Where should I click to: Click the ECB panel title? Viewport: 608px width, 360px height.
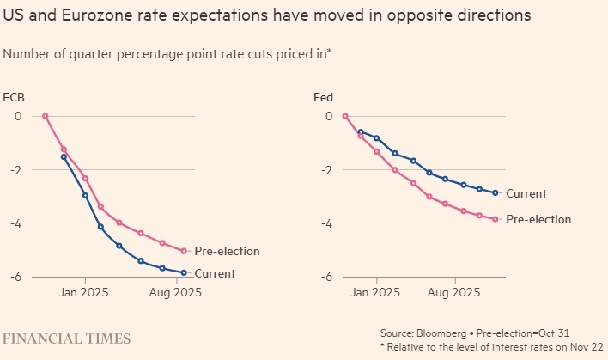(x=13, y=97)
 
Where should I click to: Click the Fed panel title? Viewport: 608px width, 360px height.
(x=323, y=97)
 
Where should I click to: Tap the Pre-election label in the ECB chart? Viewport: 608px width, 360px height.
(x=227, y=252)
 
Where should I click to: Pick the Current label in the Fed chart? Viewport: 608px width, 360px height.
(x=526, y=193)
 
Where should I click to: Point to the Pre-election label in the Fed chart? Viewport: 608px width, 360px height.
(x=538, y=220)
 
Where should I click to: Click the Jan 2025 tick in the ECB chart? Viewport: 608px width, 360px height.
(x=85, y=293)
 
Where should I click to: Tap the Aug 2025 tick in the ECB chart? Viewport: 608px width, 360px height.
(x=175, y=293)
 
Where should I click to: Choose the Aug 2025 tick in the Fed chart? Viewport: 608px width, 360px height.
(x=454, y=293)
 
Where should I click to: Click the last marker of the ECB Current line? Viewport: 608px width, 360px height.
(x=184, y=272)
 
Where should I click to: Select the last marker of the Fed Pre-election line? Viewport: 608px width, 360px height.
(x=496, y=219)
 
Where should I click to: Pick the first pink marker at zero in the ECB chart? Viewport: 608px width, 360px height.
(x=46, y=116)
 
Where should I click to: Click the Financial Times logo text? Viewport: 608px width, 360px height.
(x=67, y=339)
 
